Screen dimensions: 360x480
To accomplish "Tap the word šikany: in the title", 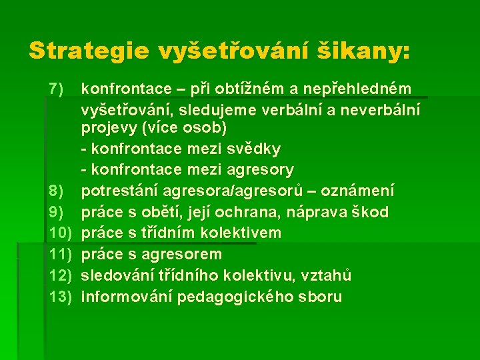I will pos(367,50).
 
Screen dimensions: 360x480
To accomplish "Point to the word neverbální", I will pos(382,109).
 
